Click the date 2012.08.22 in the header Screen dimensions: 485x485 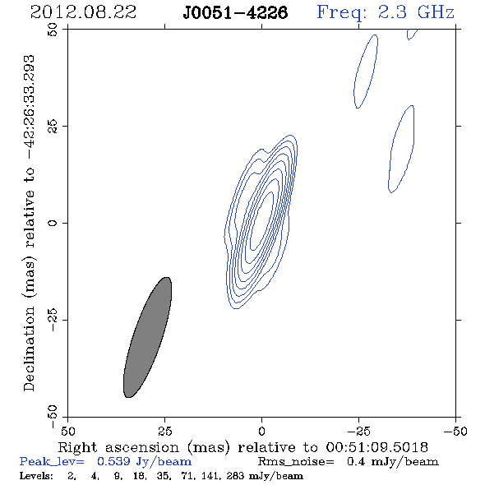(x=83, y=12)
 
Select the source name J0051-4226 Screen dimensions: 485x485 (x=235, y=13)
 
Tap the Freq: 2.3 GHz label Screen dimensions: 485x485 (x=386, y=12)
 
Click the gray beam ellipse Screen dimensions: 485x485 (x=147, y=338)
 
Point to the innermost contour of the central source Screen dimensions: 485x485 (x=261, y=221)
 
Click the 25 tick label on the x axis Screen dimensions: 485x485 (x=164, y=432)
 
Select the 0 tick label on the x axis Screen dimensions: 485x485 (x=261, y=432)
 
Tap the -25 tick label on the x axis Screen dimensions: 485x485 (x=358, y=432)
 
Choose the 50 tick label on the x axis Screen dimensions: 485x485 (x=67, y=432)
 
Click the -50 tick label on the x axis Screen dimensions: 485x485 (x=455, y=432)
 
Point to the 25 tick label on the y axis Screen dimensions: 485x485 (x=53, y=127)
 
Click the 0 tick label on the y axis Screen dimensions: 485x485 (x=53, y=223)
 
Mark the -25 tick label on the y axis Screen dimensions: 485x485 (x=53, y=320)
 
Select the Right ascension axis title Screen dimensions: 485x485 (x=242, y=447)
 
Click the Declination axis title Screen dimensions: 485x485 (x=29, y=223)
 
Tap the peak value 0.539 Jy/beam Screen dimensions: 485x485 (x=144, y=462)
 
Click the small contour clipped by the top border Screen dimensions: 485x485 (x=411, y=35)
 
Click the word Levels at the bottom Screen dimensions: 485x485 (x=36, y=476)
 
